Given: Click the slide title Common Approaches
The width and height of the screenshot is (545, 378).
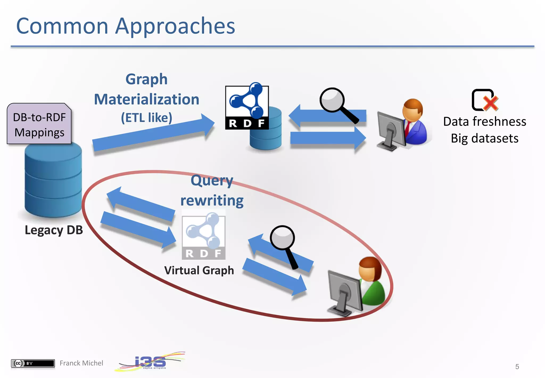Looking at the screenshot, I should tap(126, 26).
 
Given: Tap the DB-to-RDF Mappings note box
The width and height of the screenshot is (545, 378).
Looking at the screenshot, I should tap(39, 124).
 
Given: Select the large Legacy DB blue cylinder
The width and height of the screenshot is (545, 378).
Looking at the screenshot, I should tap(53, 181).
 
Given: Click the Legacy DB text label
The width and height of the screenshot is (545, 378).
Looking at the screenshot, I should tap(54, 230).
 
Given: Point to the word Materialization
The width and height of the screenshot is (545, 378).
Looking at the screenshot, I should tap(147, 99).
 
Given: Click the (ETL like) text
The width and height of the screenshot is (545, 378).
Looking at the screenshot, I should tap(147, 118).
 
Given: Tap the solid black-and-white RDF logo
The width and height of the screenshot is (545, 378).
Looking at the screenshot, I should tap(247, 108).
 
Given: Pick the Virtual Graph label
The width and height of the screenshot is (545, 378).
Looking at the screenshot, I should tap(199, 270).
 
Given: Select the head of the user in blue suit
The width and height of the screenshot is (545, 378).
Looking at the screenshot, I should tap(412, 110).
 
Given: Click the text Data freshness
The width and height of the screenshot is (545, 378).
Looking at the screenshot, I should tap(485, 122).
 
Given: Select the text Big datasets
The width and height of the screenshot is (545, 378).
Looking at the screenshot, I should tap(485, 138).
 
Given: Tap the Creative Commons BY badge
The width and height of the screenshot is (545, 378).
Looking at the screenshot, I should tap(33, 363).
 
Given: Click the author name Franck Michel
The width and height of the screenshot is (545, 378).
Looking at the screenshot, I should tap(81, 363).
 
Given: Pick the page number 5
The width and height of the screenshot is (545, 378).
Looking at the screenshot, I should tap(517, 367).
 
